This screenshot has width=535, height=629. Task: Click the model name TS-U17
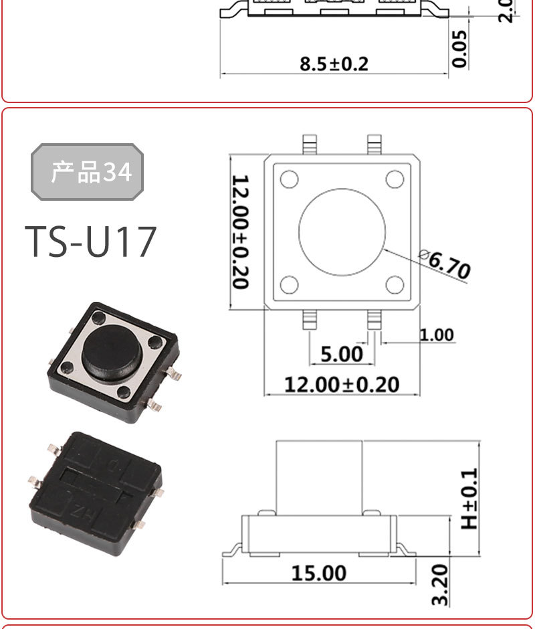click(x=91, y=242)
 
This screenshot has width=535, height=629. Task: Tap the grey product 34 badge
click(x=88, y=172)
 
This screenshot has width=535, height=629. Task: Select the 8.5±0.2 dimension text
click(x=334, y=64)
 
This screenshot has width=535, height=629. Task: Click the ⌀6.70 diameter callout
click(x=445, y=264)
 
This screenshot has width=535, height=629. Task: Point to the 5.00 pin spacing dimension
click(x=341, y=354)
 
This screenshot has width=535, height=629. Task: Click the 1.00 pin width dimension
click(x=436, y=335)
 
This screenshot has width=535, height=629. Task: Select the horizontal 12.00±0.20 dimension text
click(x=341, y=385)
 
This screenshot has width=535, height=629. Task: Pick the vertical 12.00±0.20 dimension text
click(x=241, y=232)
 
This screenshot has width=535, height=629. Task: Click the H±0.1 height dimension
click(x=471, y=498)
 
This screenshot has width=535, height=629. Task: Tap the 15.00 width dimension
click(x=319, y=573)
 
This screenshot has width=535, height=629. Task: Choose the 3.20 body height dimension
click(x=439, y=584)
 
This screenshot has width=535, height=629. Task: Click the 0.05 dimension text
click(x=460, y=48)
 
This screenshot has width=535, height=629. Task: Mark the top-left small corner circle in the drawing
click(x=289, y=179)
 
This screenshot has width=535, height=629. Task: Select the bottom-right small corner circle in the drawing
click(x=395, y=286)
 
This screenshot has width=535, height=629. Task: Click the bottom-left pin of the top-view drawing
click(x=309, y=320)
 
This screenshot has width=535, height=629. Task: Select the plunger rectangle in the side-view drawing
click(x=320, y=476)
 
